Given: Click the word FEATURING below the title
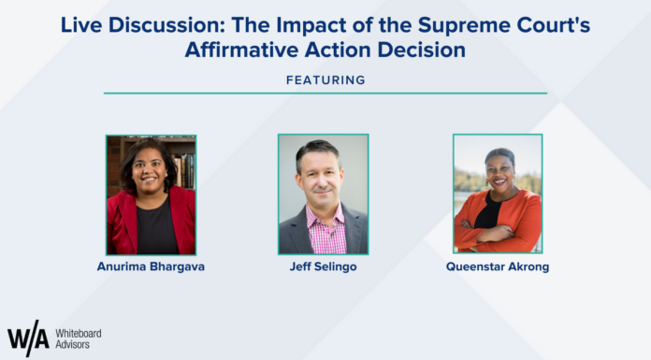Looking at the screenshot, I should click(x=325, y=80).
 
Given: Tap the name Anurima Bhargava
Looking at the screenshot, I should click(x=151, y=266).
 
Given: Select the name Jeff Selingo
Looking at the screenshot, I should click(x=325, y=266).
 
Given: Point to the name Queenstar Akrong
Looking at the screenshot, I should click(x=499, y=266).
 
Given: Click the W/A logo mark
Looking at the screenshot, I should click(x=27, y=338).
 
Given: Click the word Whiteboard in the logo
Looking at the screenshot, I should click(x=80, y=332).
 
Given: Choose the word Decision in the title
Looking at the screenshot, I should click(x=417, y=50).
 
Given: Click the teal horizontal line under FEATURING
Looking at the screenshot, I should click(x=325, y=94).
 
